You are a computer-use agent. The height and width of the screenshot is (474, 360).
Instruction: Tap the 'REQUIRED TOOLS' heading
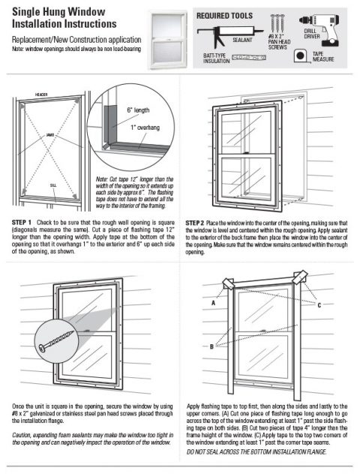225,15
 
